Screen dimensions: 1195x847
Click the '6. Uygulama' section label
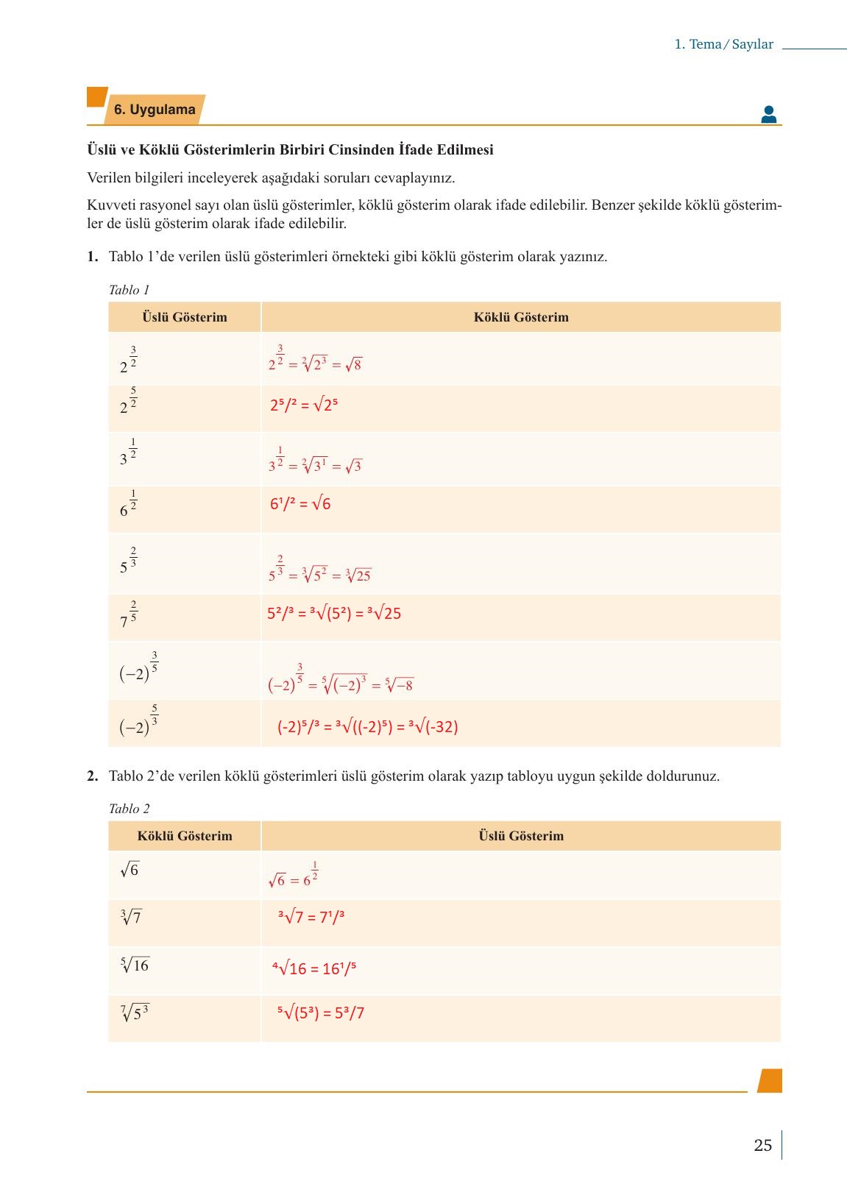click(154, 110)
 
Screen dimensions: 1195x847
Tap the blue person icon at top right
click(768, 114)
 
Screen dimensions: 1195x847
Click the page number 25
click(762, 1145)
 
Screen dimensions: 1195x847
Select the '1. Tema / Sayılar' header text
click(723, 44)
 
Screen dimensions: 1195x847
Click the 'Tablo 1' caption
click(129, 290)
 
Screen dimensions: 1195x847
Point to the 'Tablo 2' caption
click(129, 809)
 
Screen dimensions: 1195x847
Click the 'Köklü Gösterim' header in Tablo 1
click(520, 317)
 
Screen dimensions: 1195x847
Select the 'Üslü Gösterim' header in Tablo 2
click(520, 836)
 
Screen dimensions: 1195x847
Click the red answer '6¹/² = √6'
click(300, 504)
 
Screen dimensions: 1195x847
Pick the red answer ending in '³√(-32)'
click(367, 727)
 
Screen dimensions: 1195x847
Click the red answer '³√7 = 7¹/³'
click(311, 917)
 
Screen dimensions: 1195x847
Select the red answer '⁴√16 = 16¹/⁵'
click(314, 968)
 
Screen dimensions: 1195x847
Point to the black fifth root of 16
click(135, 965)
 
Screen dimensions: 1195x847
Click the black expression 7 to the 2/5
click(128, 615)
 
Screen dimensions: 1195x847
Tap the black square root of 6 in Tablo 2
click(130, 870)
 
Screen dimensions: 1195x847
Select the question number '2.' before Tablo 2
click(92, 776)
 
